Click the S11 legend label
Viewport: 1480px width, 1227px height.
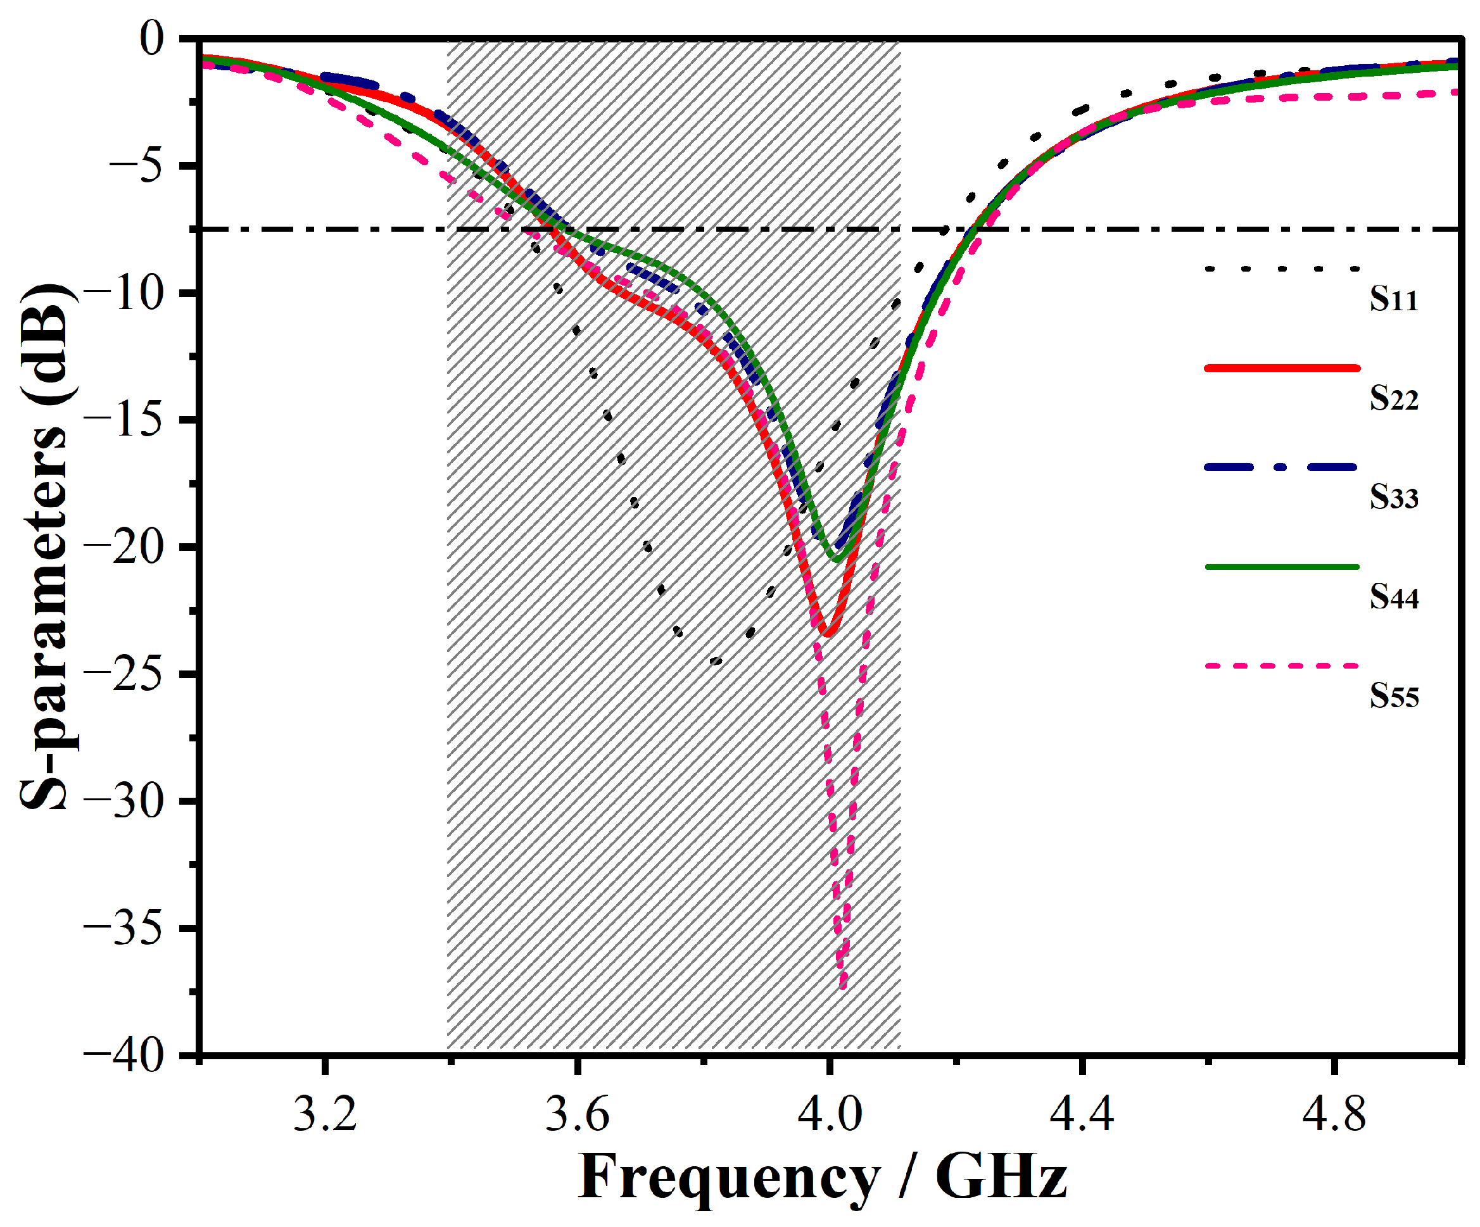(x=1393, y=299)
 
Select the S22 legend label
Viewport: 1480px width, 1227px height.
(x=1393, y=398)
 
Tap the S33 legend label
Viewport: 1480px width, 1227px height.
(x=1393, y=498)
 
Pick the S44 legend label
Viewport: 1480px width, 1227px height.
(x=1393, y=597)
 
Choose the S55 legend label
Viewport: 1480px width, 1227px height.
(x=1393, y=696)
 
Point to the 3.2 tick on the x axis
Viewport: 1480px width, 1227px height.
(x=324, y=1114)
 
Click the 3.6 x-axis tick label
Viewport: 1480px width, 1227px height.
(x=577, y=1114)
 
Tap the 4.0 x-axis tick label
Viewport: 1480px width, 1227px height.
(x=830, y=1114)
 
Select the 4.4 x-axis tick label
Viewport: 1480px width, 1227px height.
(x=1082, y=1114)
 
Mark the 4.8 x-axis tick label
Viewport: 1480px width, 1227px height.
(x=1334, y=1114)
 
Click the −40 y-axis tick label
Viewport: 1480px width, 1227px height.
(x=123, y=1056)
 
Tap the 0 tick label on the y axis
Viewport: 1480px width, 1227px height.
(x=151, y=38)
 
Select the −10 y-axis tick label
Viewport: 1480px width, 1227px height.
(x=123, y=293)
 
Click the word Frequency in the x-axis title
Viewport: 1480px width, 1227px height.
(x=729, y=1178)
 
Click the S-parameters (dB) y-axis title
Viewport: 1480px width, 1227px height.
(x=45, y=546)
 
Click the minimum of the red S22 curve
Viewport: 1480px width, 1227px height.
(x=828, y=634)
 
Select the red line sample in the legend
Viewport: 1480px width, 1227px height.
(x=1282, y=368)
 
